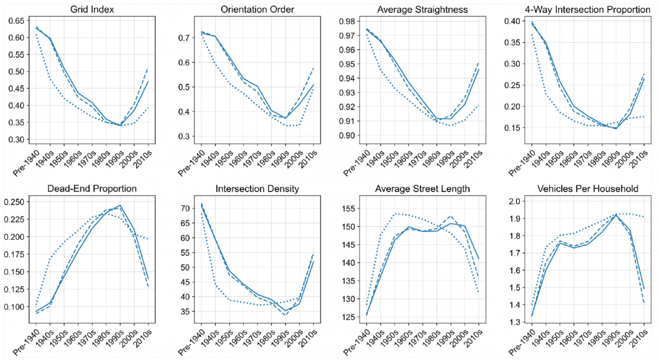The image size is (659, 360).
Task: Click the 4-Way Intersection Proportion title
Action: [578, 9]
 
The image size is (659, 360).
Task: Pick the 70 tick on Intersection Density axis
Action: [185, 209]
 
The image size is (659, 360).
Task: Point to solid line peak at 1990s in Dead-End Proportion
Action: [120, 205]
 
